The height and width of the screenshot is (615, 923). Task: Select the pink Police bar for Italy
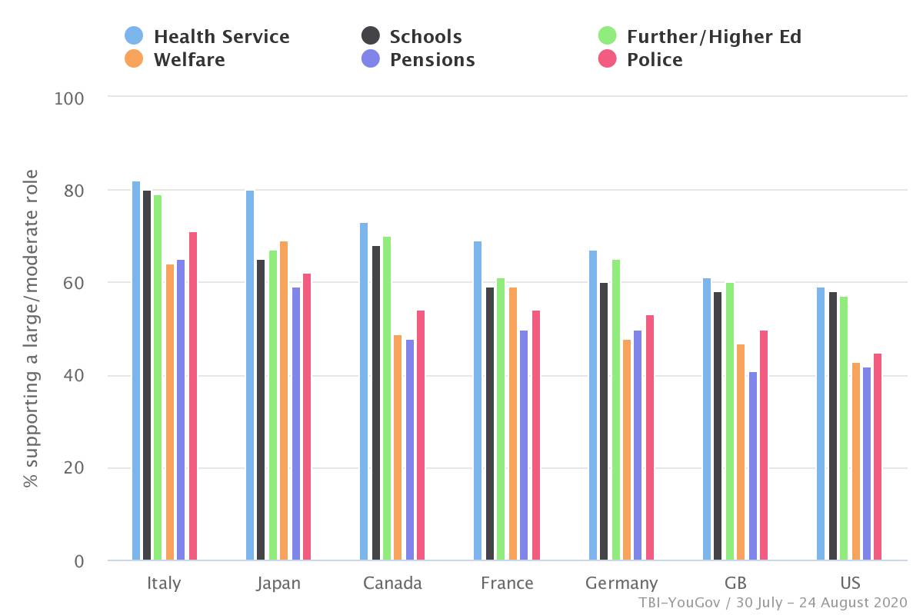193,396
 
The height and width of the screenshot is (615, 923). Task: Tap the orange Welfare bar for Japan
284,401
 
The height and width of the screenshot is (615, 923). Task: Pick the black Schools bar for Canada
375,403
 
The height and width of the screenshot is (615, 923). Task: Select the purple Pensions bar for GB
752,466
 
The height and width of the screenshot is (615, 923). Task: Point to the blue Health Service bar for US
821,424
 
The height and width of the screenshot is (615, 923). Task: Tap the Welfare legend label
189,59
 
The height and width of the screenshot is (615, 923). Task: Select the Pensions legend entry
432,59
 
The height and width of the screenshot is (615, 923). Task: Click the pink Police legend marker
608,59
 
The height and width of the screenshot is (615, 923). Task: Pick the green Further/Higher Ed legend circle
608,36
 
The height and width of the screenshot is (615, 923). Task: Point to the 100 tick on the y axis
68,98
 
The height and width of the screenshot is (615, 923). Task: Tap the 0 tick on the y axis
79,561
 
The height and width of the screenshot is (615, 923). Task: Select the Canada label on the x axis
392,583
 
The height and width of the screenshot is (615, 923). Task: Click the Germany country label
621,583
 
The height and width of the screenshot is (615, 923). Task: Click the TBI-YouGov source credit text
772,602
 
